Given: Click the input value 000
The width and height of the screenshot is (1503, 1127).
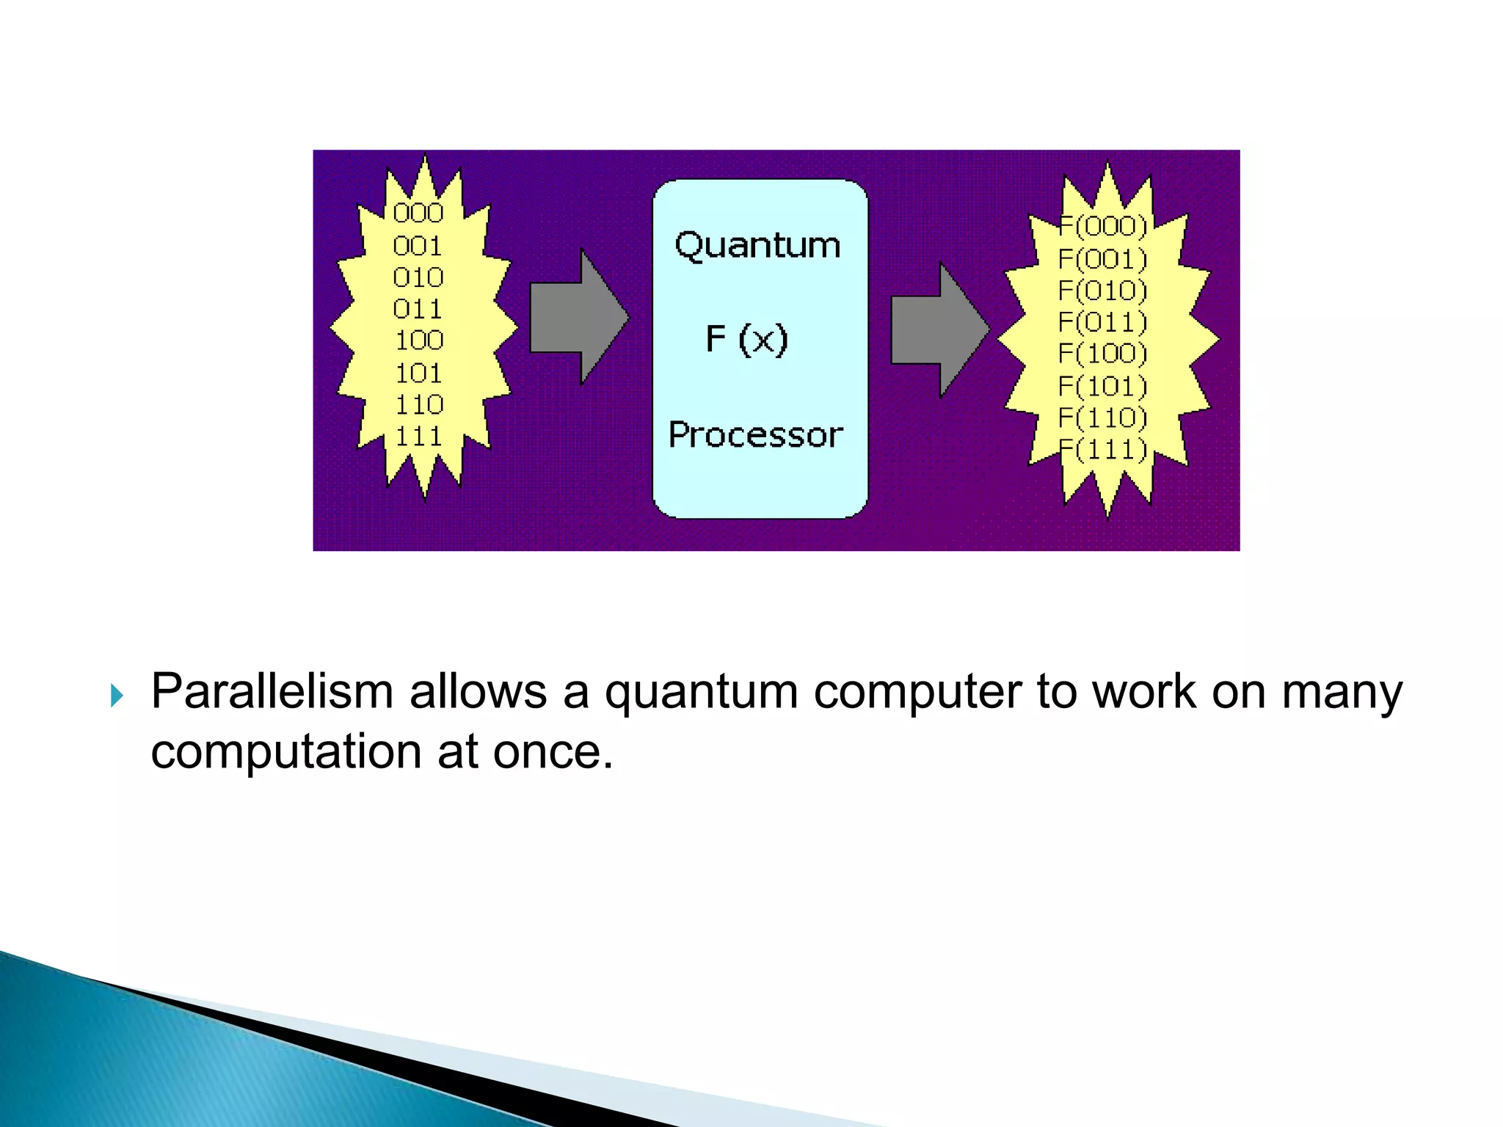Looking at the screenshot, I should [418, 213].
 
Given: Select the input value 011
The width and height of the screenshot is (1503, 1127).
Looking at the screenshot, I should [418, 309].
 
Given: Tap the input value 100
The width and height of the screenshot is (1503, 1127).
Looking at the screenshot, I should [419, 340].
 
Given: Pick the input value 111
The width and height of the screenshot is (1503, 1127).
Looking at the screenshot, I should [419, 437].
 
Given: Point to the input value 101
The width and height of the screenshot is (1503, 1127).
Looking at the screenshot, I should [418, 373].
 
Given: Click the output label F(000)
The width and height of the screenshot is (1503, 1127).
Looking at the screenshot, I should [1102, 226].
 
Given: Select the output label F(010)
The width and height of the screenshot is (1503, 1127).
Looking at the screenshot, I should [1102, 291].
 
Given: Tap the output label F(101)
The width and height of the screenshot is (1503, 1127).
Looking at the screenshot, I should [1102, 386].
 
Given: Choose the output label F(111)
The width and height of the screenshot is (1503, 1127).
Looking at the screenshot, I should [1102, 449].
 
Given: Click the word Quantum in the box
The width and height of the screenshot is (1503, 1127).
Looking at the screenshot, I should [757, 245].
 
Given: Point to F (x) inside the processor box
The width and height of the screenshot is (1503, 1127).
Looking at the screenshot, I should [746, 340].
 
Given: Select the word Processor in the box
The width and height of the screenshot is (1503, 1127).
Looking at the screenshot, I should [756, 435].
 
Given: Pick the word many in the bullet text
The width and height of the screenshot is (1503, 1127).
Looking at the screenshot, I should [1342, 693].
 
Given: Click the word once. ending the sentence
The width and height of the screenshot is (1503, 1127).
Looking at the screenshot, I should [553, 752].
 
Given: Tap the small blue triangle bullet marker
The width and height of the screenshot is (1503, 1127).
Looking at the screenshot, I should [117, 695].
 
